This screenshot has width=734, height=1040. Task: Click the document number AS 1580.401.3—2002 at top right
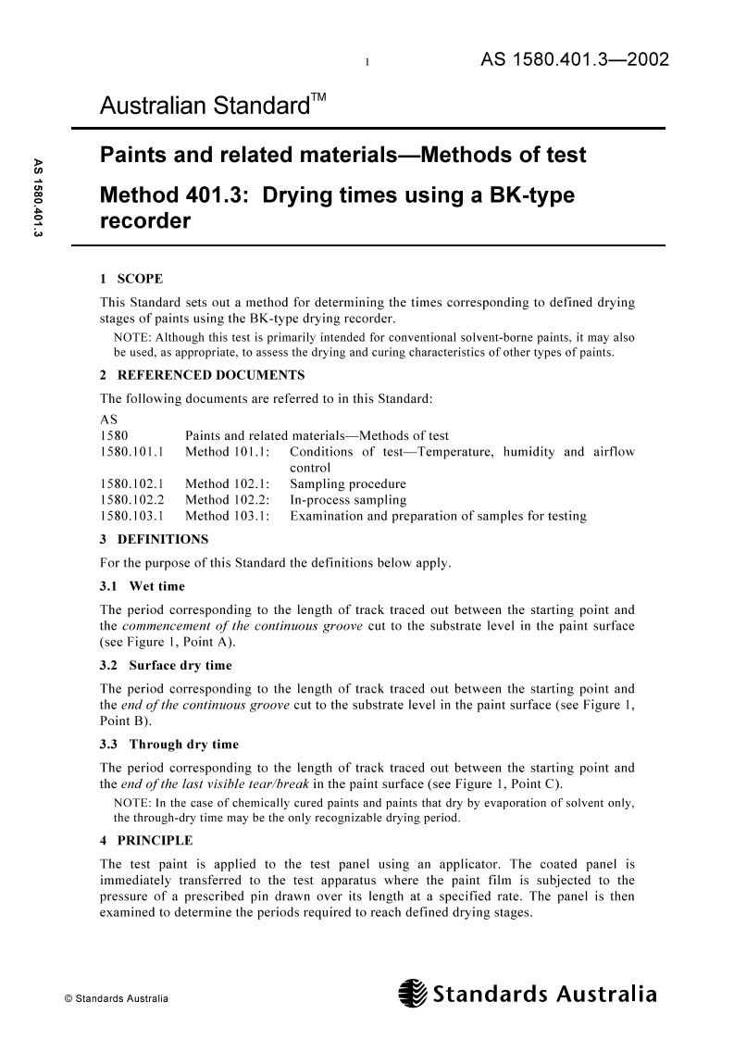(x=574, y=60)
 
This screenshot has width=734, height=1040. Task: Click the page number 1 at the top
(x=367, y=63)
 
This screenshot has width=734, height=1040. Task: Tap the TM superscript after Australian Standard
(x=317, y=99)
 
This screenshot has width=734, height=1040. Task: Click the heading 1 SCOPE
(x=131, y=279)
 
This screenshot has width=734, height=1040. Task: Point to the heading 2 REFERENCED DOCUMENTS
(x=202, y=376)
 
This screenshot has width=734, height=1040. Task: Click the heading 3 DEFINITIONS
(x=153, y=539)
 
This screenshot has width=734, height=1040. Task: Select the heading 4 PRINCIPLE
(x=145, y=840)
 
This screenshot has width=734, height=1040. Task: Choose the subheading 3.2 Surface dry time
(x=166, y=665)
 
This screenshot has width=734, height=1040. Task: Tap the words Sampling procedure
(x=348, y=484)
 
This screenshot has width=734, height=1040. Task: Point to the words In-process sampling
(x=348, y=500)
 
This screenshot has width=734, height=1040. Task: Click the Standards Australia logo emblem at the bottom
(x=411, y=996)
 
